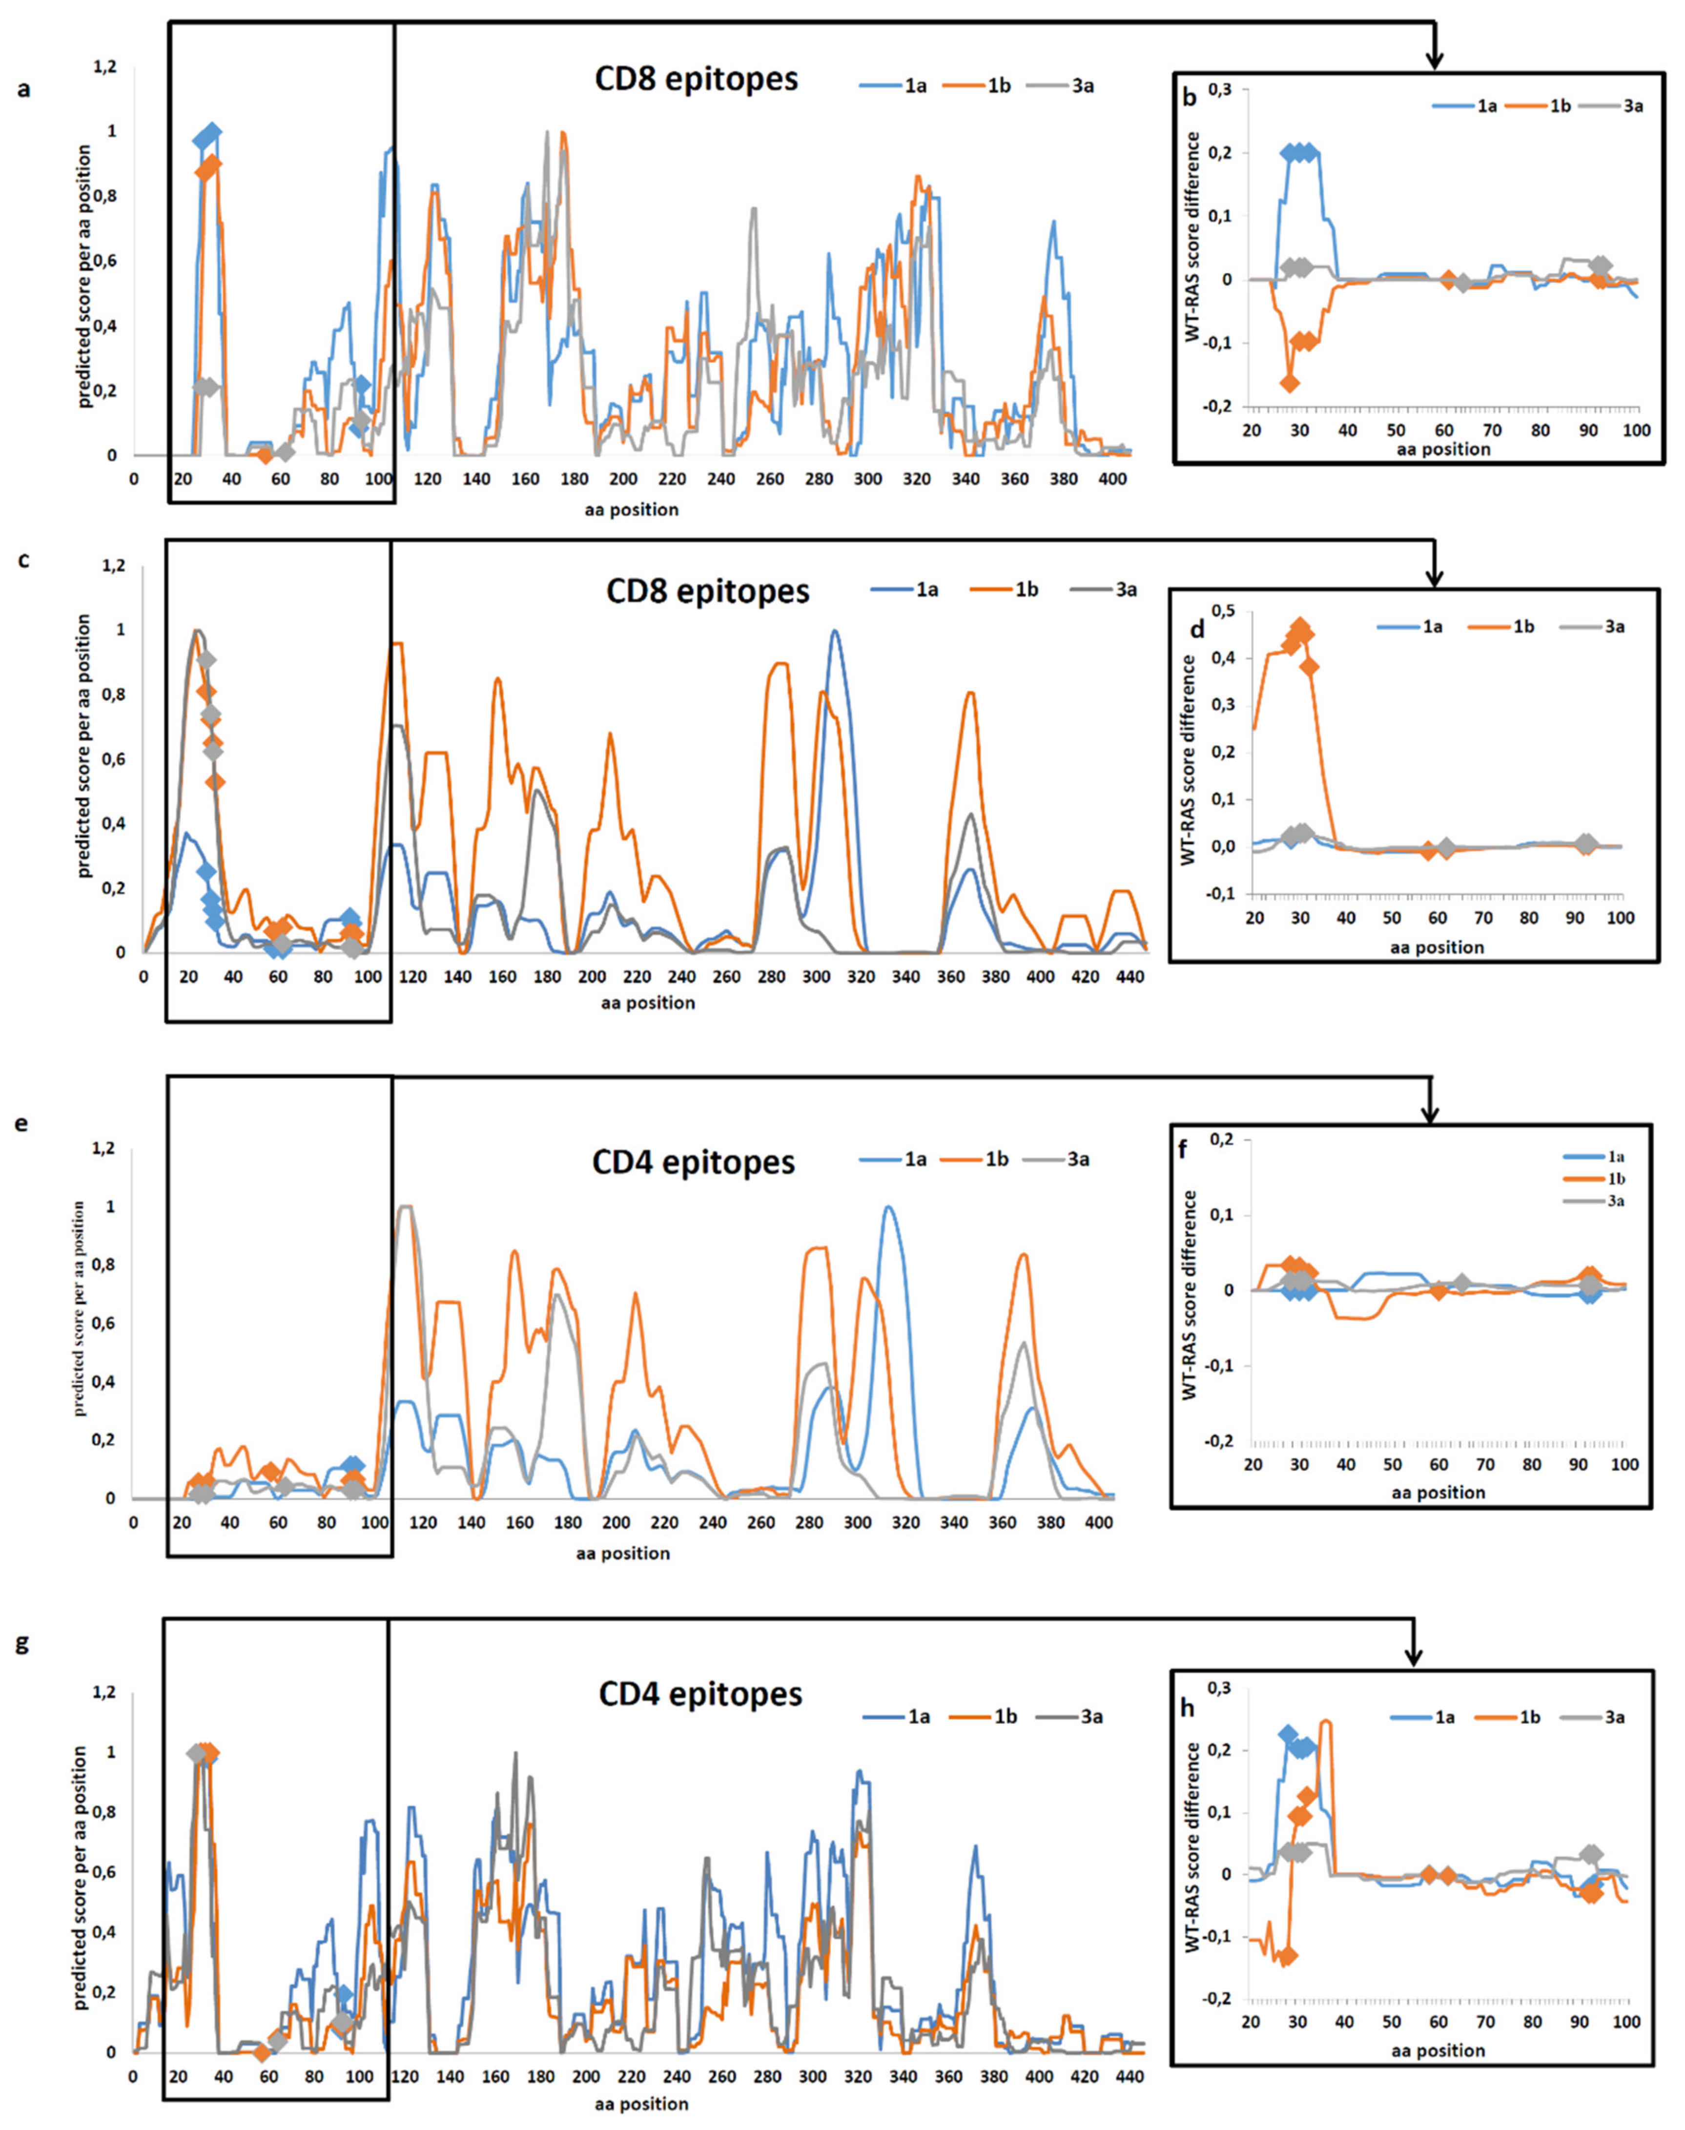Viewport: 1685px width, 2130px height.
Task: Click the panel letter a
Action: point(24,90)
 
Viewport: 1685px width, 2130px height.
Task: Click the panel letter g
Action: point(21,1642)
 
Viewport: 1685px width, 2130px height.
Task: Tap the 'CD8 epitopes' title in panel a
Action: point(696,79)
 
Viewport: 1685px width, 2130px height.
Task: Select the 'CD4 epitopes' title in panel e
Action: point(693,1162)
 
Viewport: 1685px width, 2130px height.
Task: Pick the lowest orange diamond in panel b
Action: point(1290,383)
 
